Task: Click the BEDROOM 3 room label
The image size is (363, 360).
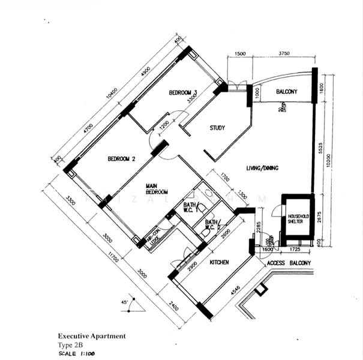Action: coord(183,92)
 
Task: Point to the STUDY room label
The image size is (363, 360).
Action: coord(217,128)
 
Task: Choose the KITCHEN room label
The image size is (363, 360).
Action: coord(220,263)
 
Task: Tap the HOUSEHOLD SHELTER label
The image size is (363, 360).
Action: coord(296,218)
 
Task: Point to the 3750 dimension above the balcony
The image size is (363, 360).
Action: coord(284,53)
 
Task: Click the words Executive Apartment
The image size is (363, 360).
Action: coord(92,337)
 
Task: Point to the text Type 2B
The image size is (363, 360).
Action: coord(71,346)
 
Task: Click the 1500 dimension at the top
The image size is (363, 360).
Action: coord(239,53)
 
